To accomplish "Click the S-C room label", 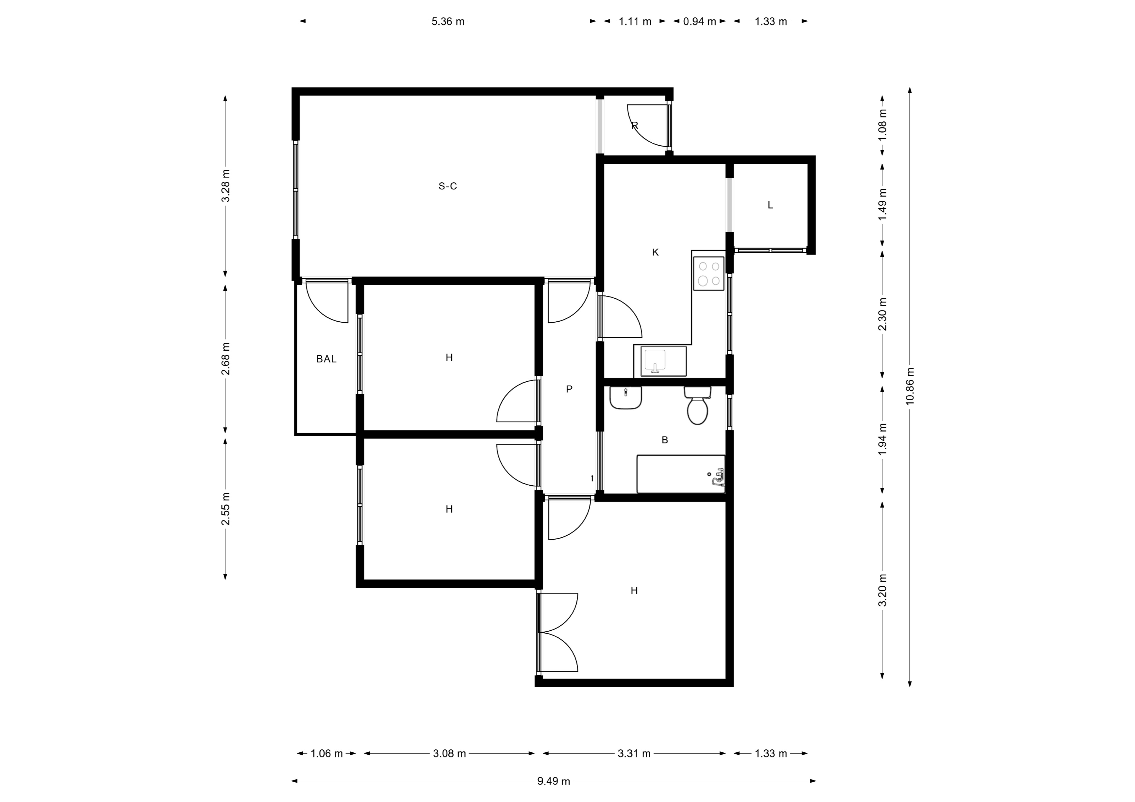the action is [x=447, y=186].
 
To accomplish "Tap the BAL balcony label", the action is [x=326, y=359].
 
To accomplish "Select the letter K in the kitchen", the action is [x=656, y=253].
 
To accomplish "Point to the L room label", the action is [x=770, y=205].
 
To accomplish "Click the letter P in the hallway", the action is [x=569, y=389].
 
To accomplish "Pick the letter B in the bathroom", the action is [x=665, y=440].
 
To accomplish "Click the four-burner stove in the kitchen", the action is [x=709, y=273].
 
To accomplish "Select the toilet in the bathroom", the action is [x=698, y=406].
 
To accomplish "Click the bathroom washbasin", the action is [x=626, y=398].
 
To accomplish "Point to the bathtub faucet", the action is [x=716, y=480].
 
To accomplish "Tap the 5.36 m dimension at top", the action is [x=448, y=21].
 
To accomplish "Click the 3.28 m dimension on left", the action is [x=226, y=186].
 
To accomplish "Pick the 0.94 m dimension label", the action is [x=700, y=21].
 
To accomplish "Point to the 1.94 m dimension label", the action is [x=883, y=439].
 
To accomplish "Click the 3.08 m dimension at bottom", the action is [x=449, y=754].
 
